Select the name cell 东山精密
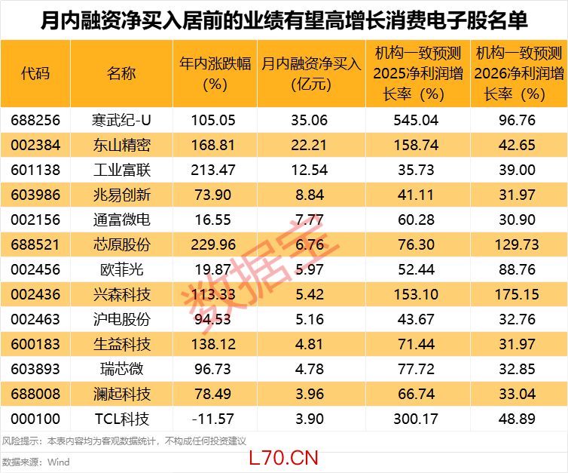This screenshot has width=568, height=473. point(121,145)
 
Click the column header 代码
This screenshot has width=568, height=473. point(35,73)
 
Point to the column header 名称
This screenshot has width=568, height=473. point(121,73)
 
